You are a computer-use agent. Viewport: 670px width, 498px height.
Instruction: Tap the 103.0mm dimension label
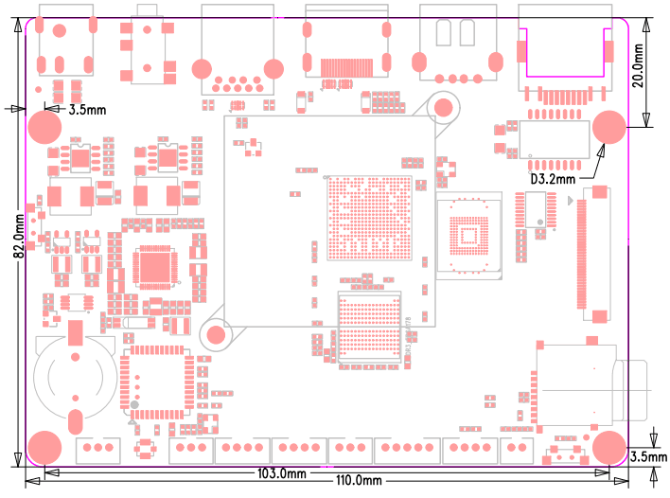click(x=282, y=472)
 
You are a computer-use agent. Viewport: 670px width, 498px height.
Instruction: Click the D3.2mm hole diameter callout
click(x=552, y=178)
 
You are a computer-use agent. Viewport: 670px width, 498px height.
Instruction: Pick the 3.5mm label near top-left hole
click(x=89, y=110)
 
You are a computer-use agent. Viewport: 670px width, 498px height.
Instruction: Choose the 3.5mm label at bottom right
click(x=649, y=457)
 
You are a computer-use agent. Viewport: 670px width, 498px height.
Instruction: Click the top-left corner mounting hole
click(x=44, y=127)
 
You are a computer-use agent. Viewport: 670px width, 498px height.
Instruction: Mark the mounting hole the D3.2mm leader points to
click(x=610, y=127)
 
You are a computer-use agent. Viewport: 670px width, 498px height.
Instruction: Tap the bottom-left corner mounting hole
click(x=44, y=445)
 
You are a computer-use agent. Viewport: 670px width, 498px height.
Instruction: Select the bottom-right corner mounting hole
click(x=610, y=445)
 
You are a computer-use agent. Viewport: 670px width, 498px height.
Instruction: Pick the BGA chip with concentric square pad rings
click(x=468, y=236)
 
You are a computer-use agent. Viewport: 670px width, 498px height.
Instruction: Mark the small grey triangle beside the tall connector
click(x=569, y=202)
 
